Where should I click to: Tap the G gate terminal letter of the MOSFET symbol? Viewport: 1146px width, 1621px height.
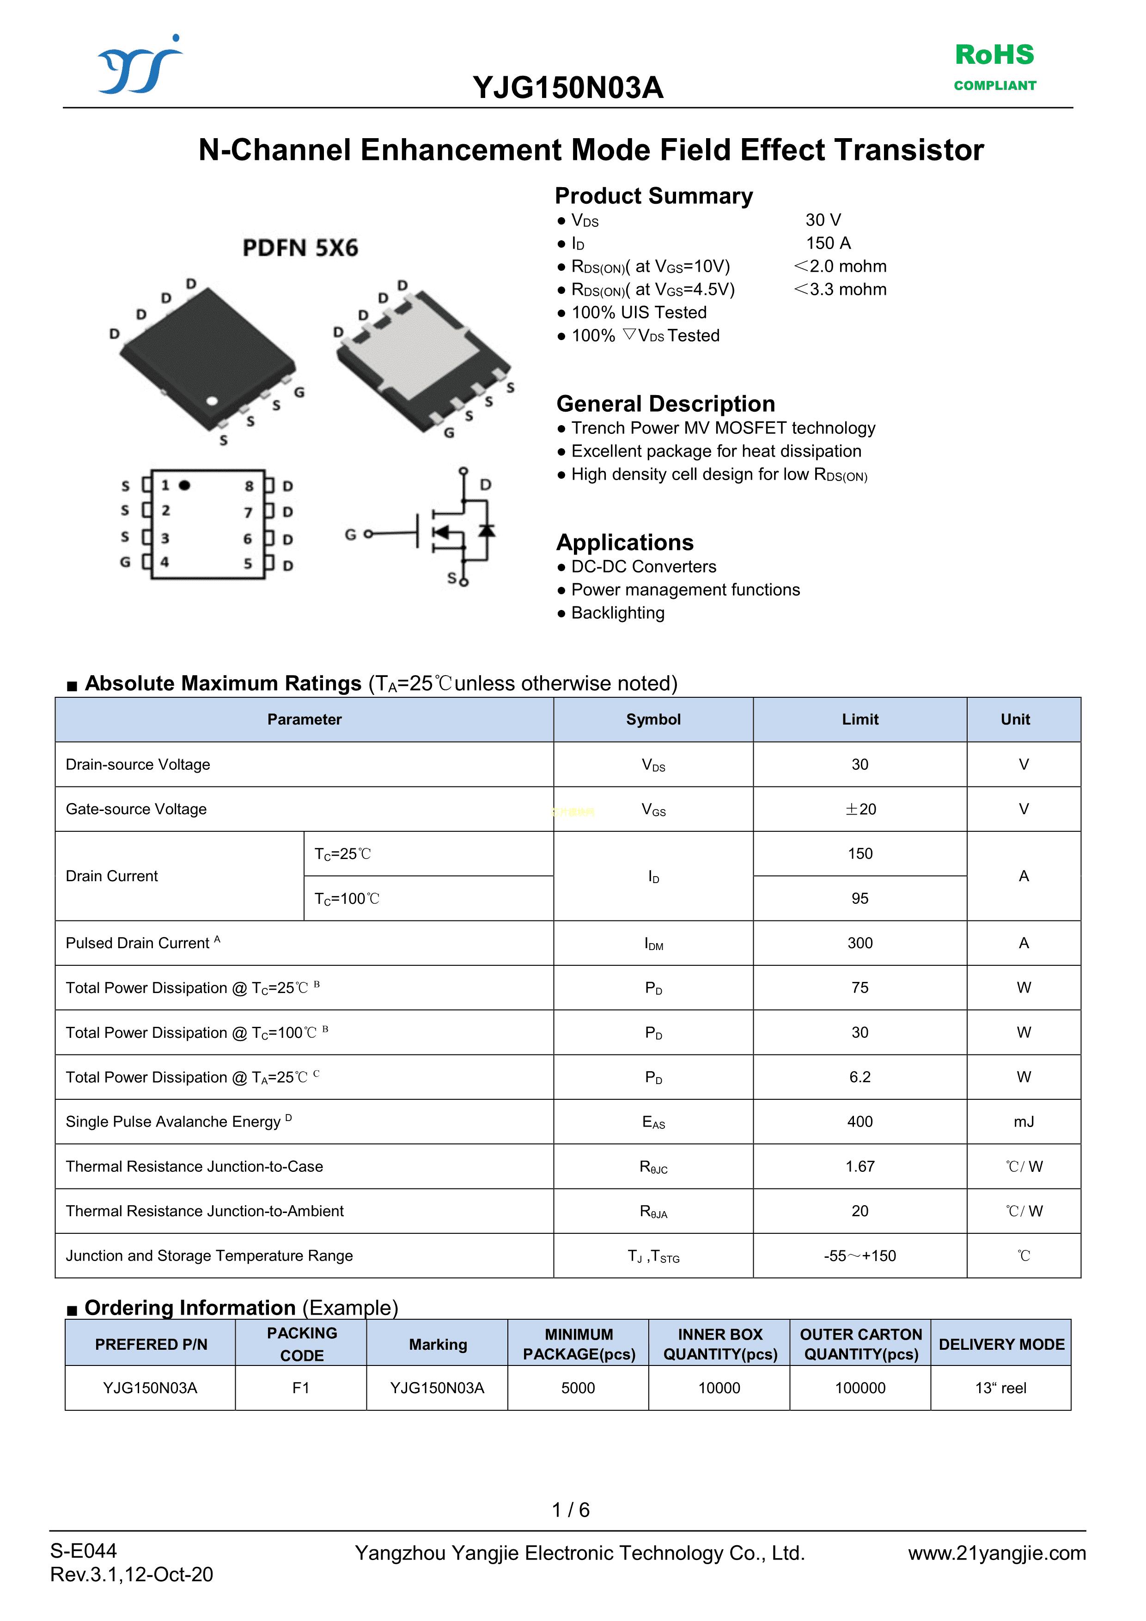pos(350,535)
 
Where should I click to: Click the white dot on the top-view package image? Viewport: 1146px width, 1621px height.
pos(212,401)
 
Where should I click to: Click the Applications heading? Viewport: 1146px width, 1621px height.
pos(625,542)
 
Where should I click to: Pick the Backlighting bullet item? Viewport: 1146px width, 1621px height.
pos(617,613)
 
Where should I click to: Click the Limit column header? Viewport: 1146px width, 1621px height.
pos(859,719)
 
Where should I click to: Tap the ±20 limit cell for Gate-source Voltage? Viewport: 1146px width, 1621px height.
pos(860,809)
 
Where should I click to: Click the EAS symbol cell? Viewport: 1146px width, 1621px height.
pos(653,1122)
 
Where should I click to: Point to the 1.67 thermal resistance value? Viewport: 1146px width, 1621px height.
pos(859,1166)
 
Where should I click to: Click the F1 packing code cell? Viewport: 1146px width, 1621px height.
pos(301,1388)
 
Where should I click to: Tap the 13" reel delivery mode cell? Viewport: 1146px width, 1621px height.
pos(1000,1388)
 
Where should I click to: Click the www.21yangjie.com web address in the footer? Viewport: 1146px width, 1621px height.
pos(997,1553)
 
